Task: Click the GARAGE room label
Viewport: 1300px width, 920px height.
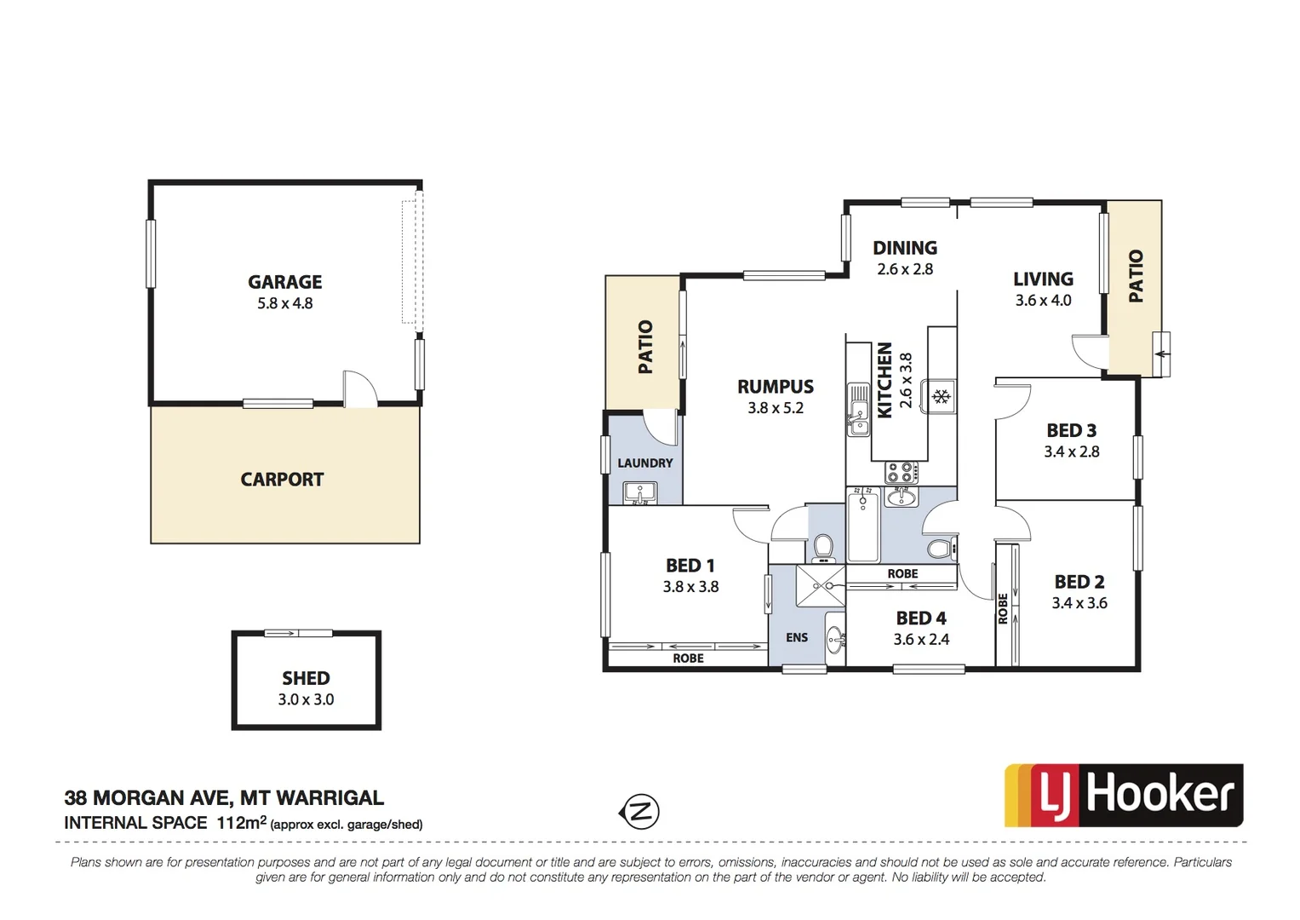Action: click(x=285, y=282)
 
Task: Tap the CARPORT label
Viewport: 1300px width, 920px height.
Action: click(x=282, y=480)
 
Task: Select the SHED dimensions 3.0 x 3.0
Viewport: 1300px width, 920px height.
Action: click(x=306, y=699)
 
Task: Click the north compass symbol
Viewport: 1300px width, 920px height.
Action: click(x=639, y=811)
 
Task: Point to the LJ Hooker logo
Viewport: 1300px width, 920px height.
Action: click(x=1124, y=796)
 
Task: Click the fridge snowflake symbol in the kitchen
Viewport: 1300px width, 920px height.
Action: click(x=941, y=397)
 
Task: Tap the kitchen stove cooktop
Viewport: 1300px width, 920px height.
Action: click(x=902, y=471)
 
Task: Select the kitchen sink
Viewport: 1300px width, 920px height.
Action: click(x=858, y=410)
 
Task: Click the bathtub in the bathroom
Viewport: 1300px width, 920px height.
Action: click(x=863, y=526)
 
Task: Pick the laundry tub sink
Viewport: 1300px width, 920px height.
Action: click(x=639, y=492)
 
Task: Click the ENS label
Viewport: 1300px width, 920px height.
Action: click(x=797, y=637)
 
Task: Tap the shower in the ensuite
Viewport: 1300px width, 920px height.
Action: click(x=820, y=586)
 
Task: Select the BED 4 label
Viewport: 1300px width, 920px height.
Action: click(x=920, y=618)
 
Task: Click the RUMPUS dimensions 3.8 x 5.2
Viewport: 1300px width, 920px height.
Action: click(x=776, y=408)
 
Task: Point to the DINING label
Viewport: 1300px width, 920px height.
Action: click(x=905, y=248)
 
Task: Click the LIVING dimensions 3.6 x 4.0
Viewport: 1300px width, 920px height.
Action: click(x=1043, y=301)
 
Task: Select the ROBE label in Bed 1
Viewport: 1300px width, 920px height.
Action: click(x=688, y=658)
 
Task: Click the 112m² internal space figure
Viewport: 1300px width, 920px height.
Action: click(x=242, y=823)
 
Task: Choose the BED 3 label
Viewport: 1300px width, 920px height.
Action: click(x=1071, y=431)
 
